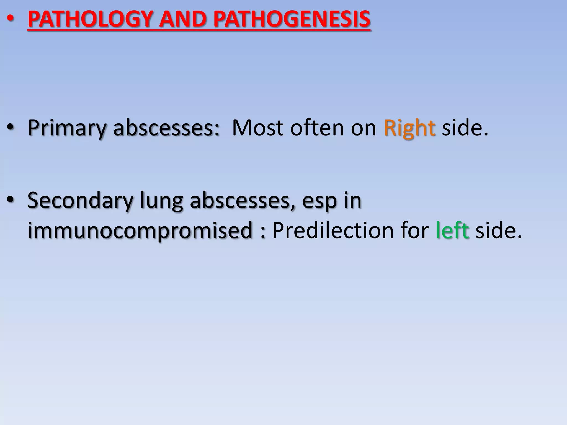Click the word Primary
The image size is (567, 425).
67,128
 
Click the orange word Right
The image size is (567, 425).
409,128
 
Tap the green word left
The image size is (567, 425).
452,230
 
